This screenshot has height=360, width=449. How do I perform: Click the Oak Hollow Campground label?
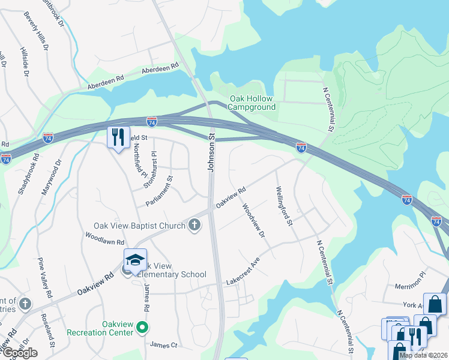click(252, 103)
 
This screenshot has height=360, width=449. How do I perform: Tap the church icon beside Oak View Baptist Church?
click(194, 226)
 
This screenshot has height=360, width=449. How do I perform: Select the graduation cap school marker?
click(135, 260)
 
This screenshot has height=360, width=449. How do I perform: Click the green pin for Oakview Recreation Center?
click(142, 328)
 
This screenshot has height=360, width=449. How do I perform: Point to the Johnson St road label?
click(211, 153)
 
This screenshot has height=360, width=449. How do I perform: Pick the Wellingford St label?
click(283, 205)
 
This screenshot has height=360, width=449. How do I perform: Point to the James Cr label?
click(163, 344)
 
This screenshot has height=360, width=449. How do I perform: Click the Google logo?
click(20, 353)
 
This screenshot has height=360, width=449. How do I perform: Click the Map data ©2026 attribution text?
click(423, 355)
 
